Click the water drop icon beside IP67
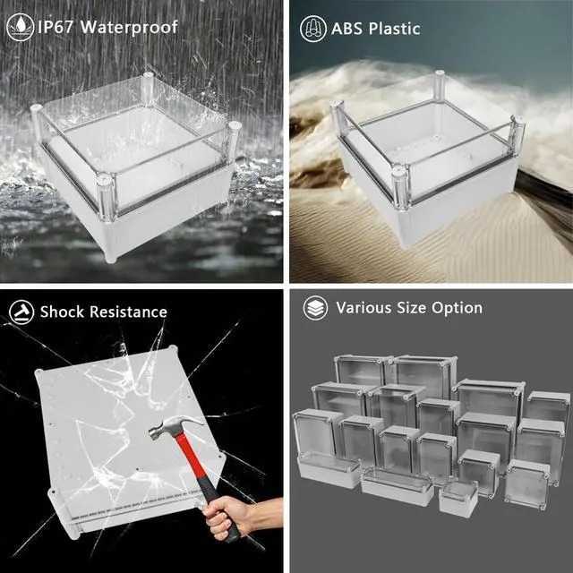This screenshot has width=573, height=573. point(21,27)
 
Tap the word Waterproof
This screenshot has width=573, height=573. point(129,28)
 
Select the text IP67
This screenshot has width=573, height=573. point(56,27)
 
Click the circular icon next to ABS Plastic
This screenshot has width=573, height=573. point(313,29)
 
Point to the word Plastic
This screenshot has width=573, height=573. point(394,29)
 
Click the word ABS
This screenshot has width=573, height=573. point(347,29)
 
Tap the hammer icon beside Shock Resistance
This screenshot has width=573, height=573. point(21,312)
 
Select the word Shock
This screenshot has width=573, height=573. point(63,312)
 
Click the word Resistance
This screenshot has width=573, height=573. point(128,312)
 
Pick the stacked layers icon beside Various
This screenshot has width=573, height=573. point(316,308)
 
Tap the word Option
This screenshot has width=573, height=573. point(457,308)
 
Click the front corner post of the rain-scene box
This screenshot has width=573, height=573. point(107,197)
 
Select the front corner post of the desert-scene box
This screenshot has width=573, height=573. point(400,187)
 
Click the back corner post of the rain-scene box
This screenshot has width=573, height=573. point(148,89)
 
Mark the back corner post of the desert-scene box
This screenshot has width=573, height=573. point(440,84)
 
